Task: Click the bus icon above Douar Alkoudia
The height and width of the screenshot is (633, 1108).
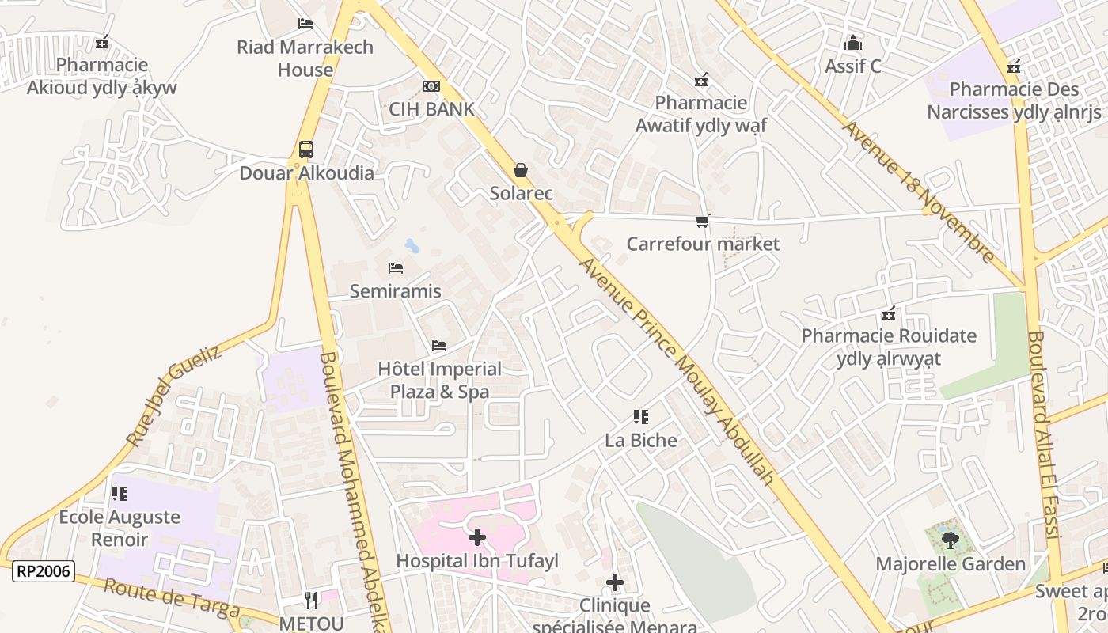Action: pos(305,149)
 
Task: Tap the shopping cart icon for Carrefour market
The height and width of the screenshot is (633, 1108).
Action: pos(702,221)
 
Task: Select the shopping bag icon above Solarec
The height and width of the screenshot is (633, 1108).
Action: pos(521,170)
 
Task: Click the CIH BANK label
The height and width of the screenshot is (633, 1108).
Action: pos(431,109)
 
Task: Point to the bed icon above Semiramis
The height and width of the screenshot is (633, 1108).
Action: pos(396,268)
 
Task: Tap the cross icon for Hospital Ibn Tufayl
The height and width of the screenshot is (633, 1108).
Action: pos(477,538)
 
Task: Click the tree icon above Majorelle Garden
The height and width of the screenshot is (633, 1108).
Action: pos(950,541)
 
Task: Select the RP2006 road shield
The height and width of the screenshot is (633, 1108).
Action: pos(44,570)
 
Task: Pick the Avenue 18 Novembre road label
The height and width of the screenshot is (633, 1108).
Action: pos(918,191)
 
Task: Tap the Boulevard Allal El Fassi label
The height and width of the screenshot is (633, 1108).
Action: pos(1044,435)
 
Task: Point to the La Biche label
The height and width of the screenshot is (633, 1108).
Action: pos(641,440)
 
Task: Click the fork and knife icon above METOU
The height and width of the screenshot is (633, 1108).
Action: pos(311,601)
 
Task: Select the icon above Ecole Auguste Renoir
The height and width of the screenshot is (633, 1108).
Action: pos(120,494)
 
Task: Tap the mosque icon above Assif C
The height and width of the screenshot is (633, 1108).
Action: pos(852,43)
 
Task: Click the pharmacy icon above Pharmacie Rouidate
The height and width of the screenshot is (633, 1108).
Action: pos(889,313)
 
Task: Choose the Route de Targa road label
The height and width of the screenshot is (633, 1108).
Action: pos(171,598)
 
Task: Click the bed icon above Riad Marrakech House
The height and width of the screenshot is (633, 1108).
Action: pos(305,24)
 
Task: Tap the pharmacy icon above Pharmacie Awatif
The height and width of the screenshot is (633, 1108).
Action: pos(700,80)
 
